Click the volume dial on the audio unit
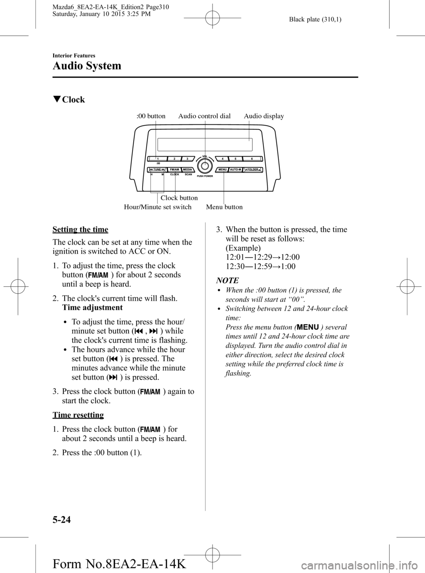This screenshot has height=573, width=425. point(204,166)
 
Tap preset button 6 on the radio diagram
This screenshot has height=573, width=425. point(251,159)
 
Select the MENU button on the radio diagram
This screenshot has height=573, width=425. point(223,169)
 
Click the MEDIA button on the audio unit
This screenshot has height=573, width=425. point(187,169)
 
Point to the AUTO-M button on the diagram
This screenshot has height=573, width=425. point(236,169)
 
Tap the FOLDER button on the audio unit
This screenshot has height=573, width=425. point(252,169)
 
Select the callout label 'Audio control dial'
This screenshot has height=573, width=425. point(204,116)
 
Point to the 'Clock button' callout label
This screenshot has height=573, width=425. point(179,198)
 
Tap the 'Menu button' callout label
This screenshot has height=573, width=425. point(224,207)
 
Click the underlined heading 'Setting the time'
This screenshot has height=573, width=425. point(80,229)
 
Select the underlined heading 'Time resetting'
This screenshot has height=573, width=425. point(78,415)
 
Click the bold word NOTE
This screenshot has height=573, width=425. point(227,281)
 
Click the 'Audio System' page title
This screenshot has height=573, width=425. point(87,66)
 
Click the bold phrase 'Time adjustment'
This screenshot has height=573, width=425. point(86,308)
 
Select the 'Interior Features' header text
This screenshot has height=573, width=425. point(74,55)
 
